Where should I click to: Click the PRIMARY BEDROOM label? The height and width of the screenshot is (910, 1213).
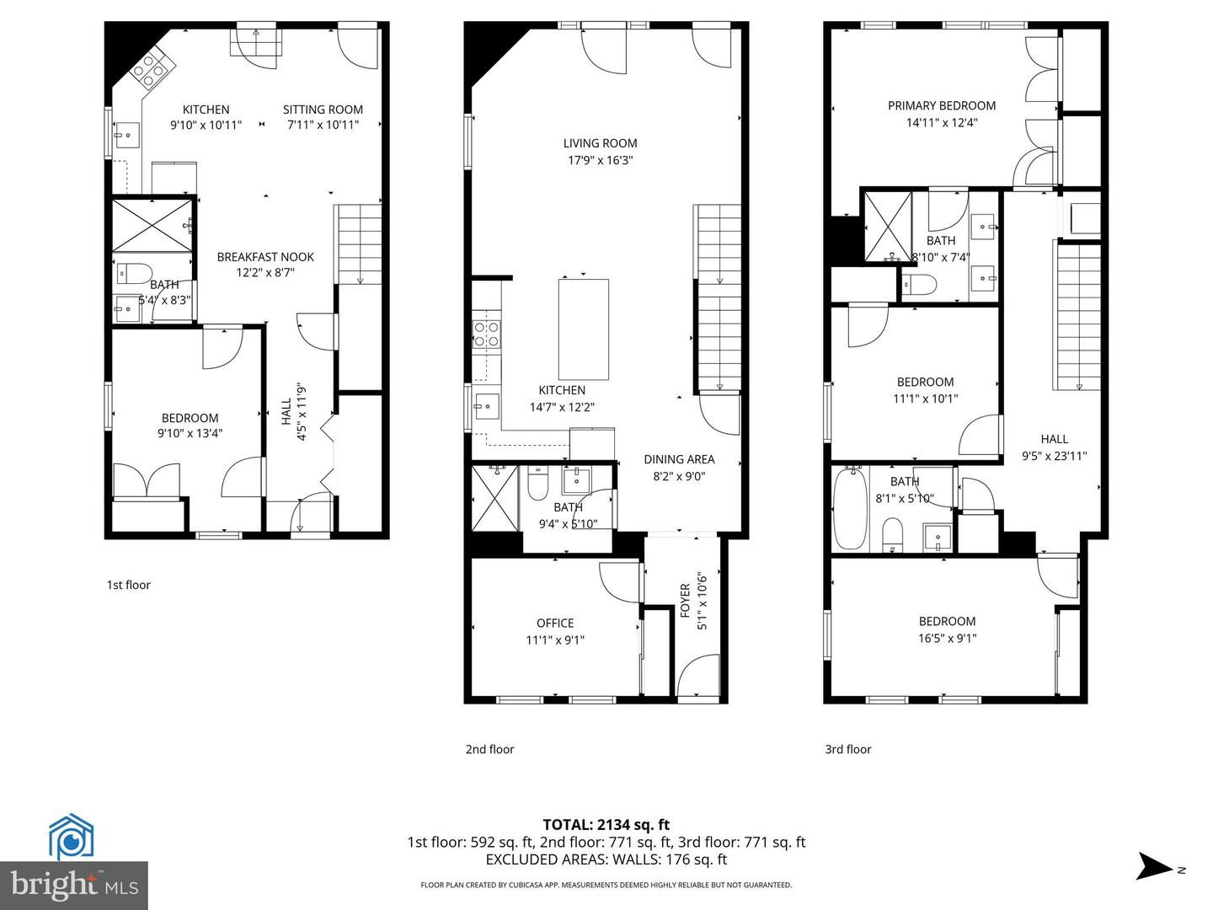coord(941,105)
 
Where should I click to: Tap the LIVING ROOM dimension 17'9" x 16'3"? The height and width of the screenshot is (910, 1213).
coord(600,160)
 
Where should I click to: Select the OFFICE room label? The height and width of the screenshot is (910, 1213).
coord(555,623)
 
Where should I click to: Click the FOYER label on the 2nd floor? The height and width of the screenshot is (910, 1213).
coord(686,601)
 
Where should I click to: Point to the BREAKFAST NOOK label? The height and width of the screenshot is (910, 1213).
coord(265,257)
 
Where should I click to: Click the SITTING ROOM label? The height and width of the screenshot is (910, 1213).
coord(323,110)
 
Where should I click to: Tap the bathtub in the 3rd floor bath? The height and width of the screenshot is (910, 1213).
coord(849,509)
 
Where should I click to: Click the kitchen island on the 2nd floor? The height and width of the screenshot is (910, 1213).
coord(583,329)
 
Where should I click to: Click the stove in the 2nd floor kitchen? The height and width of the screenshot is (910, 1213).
coord(487,335)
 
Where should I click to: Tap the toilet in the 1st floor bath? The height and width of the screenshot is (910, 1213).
coord(132,273)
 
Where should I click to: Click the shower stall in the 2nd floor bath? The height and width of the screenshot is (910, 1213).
coord(494,497)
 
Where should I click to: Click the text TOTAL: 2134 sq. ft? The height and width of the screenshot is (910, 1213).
coord(606,825)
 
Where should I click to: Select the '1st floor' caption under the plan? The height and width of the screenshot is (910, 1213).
coord(128,585)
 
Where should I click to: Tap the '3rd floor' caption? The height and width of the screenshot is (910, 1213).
coord(847,749)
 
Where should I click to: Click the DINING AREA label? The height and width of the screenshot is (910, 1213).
coord(679,459)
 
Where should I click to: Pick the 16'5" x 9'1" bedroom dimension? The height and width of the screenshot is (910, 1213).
coord(947,638)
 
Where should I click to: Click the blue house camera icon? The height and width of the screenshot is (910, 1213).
coord(71,838)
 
